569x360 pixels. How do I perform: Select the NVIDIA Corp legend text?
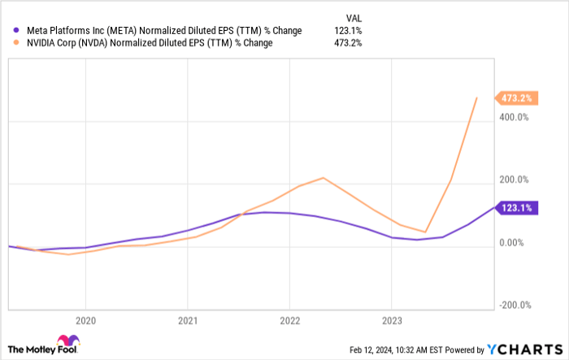point(150,43)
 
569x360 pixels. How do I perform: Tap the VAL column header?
point(354,16)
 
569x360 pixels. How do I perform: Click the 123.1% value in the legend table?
point(348,31)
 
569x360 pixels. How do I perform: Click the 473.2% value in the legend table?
point(348,43)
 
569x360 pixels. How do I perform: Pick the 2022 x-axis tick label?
point(289,320)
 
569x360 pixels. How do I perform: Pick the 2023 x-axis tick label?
point(392,320)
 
